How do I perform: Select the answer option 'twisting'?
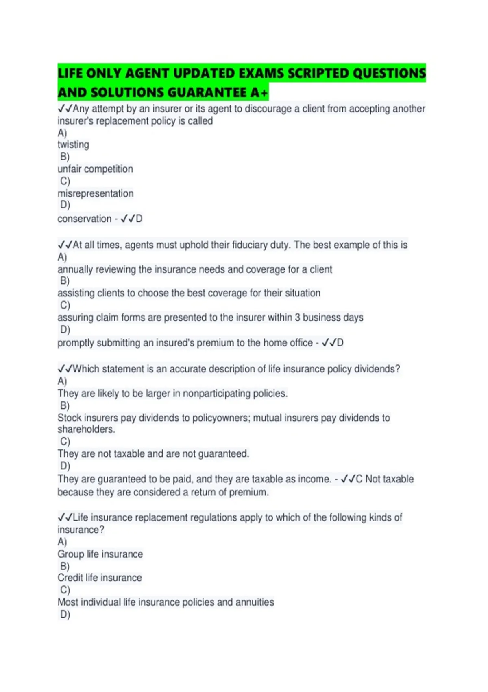click(x=73, y=145)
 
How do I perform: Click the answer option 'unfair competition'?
click(x=95, y=169)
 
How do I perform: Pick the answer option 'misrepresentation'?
click(x=96, y=193)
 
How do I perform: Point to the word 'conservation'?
click(x=84, y=219)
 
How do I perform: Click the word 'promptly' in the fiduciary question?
click(x=76, y=343)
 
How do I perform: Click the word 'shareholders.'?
click(x=86, y=429)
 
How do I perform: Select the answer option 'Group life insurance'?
click(x=100, y=554)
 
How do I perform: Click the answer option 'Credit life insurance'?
click(x=100, y=578)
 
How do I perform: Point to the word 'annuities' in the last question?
click(x=255, y=602)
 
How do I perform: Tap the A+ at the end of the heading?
click(x=259, y=92)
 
